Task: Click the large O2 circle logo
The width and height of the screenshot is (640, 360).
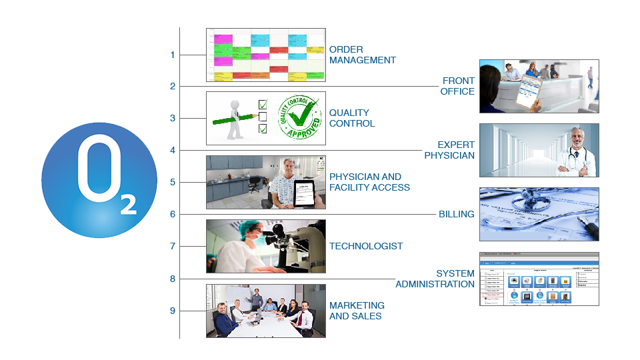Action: [x=99, y=181]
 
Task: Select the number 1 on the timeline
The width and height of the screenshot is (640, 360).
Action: [x=173, y=55]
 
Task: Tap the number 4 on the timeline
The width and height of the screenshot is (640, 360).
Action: [x=173, y=150]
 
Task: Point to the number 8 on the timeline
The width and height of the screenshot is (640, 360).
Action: [x=173, y=279]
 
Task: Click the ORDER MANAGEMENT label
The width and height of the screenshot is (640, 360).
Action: [x=362, y=55]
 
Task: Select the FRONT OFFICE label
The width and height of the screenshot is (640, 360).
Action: [x=458, y=86]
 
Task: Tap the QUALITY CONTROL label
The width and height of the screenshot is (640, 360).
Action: [x=351, y=118]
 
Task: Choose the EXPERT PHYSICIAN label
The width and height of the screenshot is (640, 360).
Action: [x=450, y=150]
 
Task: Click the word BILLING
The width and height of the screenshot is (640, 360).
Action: [x=456, y=214]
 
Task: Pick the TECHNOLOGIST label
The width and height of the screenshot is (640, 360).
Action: [x=365, y=246]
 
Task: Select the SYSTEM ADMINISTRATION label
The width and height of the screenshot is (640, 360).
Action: [x=435, y=279]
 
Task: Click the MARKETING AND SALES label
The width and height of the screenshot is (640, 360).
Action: [x=357, y=311]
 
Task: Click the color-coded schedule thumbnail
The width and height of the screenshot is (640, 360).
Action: [x=265, y=55]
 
